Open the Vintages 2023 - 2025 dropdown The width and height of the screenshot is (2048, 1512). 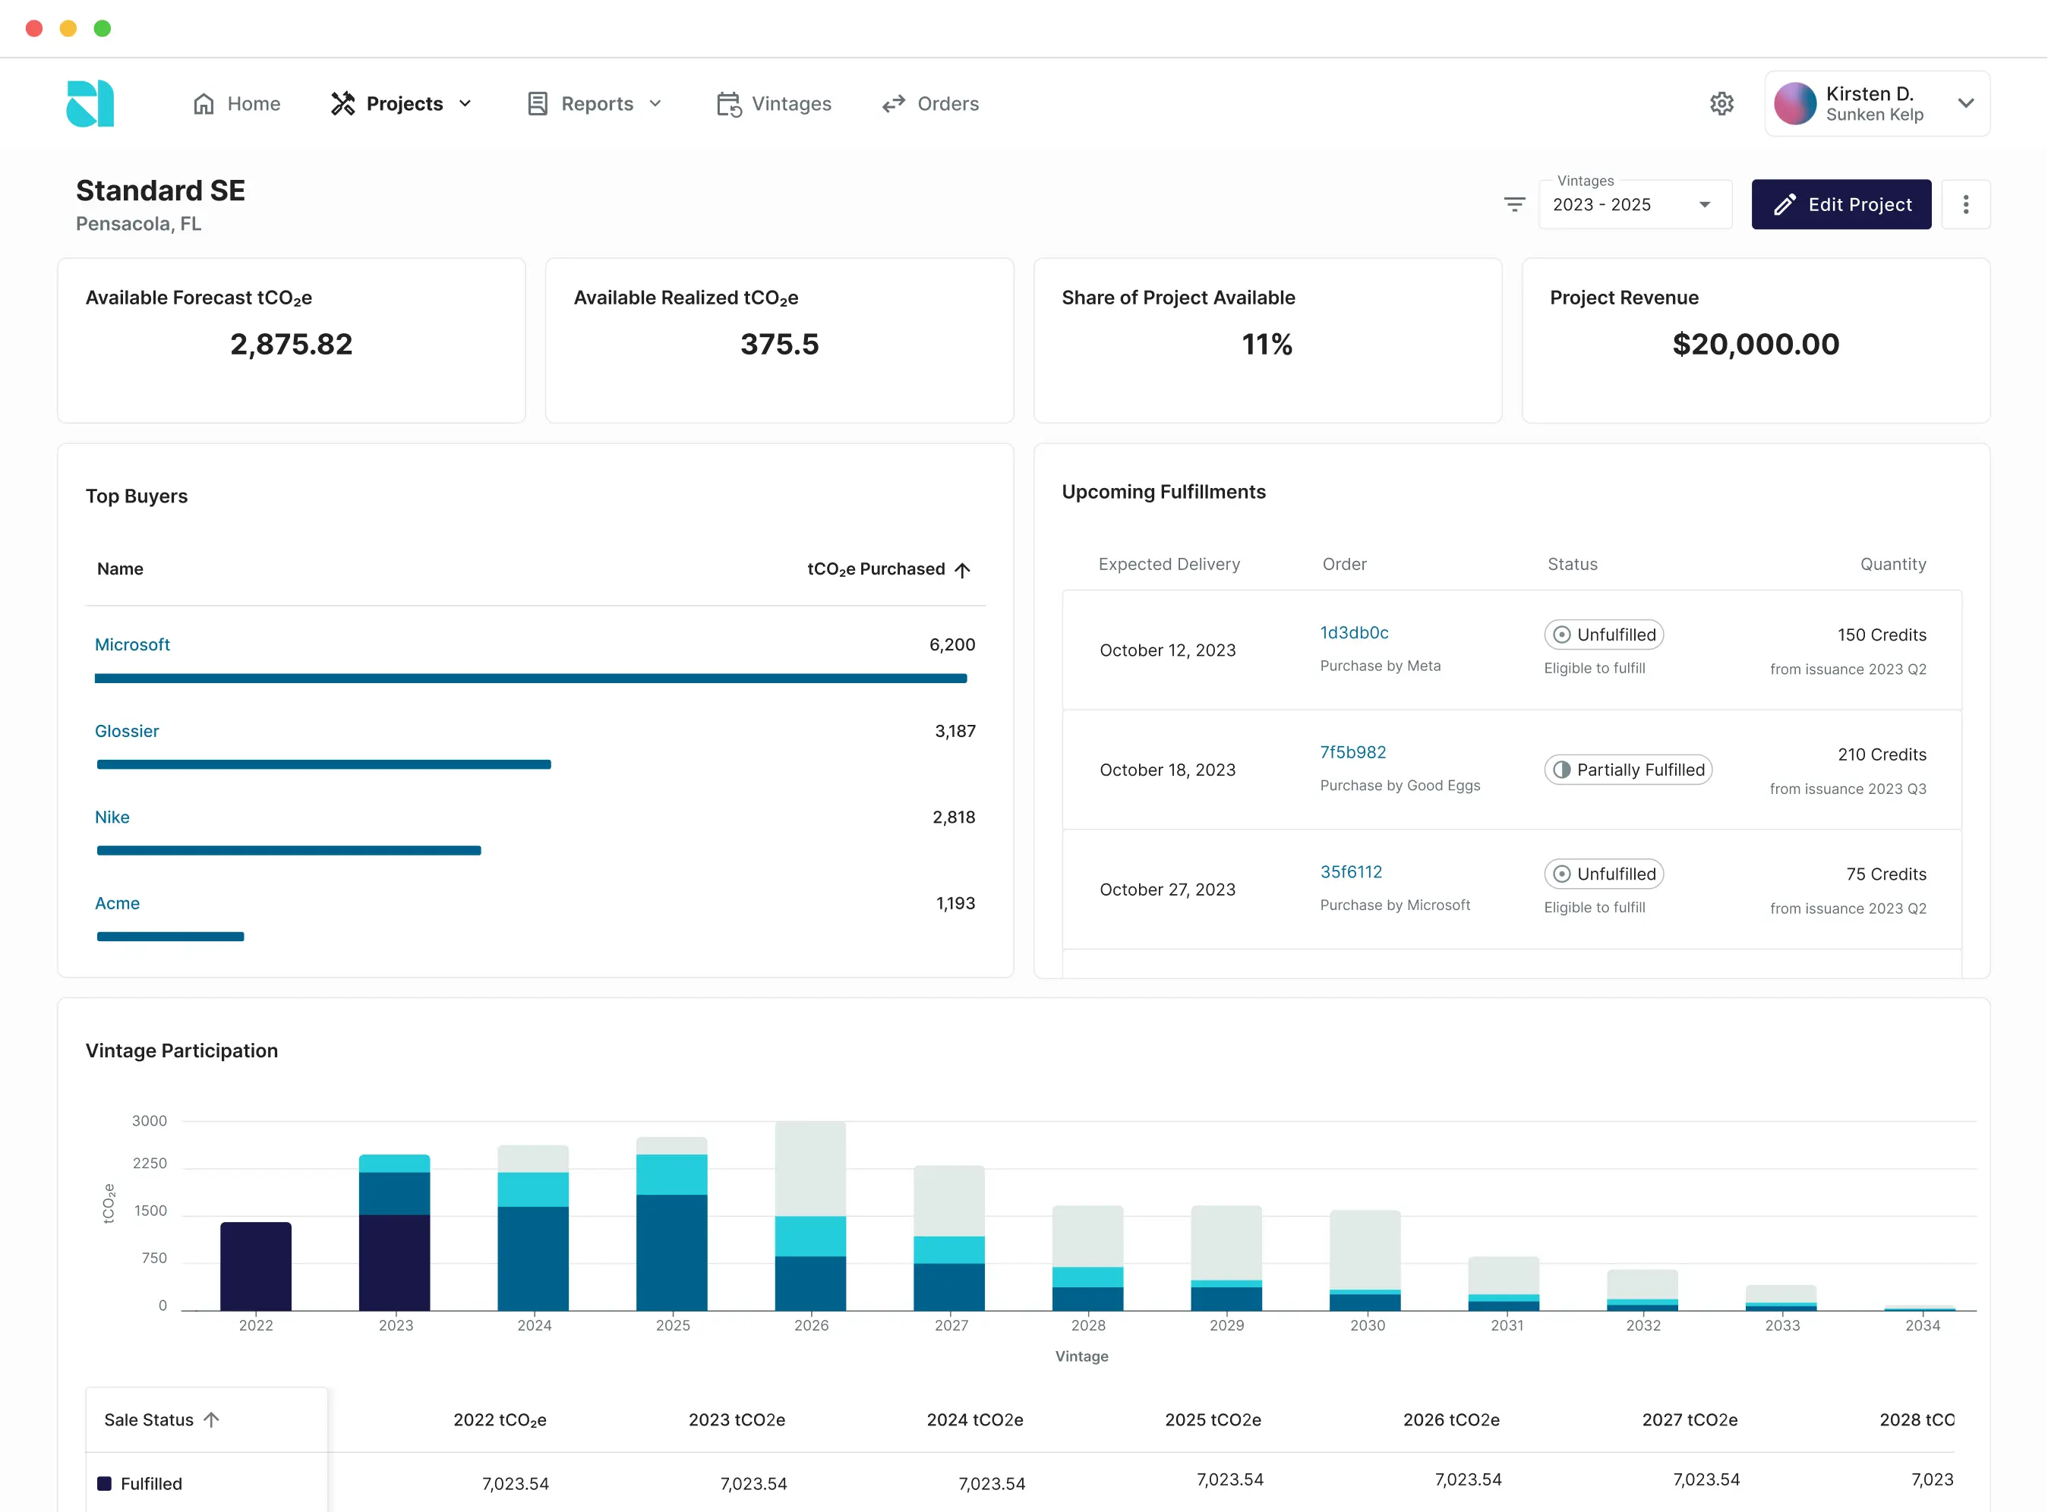tap(1633, 204)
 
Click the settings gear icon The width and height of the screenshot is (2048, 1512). tap(1721, 103)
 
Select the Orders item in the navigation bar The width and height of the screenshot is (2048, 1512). tap(930, 103)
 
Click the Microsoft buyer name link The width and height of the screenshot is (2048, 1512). tap(132, 644)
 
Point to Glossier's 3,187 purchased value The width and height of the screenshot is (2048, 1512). tap(954, 730)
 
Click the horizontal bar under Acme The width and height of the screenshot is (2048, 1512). tap(170, 937)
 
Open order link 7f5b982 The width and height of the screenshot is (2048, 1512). tap(1352, 751)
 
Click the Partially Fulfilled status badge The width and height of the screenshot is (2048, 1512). tap(1628, 770)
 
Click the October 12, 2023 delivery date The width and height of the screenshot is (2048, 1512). tap(1167, 650)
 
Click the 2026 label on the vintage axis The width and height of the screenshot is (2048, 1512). tap(811, 1325)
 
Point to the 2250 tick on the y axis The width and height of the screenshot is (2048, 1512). tap(150, 1164)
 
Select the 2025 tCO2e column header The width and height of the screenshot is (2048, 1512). tap(1212, 1419)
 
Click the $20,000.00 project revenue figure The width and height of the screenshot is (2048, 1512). tap(1754, 344)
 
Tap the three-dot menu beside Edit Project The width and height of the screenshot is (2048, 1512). tap(1964, 204)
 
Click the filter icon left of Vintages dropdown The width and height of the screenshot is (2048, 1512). tap(1514, 204)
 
